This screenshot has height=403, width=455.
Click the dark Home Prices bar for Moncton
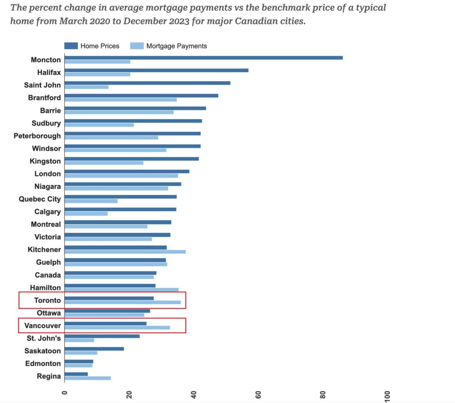[204, 58]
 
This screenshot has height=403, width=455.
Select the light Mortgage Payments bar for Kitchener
[125, 251]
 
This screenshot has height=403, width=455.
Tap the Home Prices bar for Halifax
[156, 70]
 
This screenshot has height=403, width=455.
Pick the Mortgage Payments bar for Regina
[88, 378]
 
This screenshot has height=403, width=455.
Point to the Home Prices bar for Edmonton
[79, 361]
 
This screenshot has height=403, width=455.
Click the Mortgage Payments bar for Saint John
[87, 87]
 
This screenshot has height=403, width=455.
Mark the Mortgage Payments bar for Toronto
[123, 302]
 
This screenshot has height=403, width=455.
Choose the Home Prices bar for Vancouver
[105, 323]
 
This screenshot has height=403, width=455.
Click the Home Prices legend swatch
[71, 46]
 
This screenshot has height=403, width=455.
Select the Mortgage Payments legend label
[176, 46]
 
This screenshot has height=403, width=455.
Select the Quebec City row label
[40, 199]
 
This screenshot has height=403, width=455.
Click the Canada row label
[48, 275]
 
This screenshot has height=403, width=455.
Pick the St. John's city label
[44, 338]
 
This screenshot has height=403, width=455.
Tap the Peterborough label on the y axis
[37, 136]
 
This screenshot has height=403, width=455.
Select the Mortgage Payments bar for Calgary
[86, 214]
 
